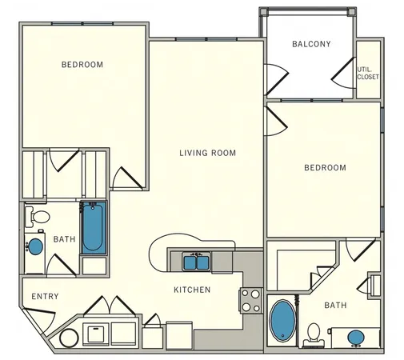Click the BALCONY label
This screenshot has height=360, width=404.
tap(311, 44)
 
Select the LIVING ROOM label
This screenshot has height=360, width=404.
tap(207, 153)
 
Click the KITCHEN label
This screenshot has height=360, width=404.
tap(193, 290)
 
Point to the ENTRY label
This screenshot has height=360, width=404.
tap(44, 297)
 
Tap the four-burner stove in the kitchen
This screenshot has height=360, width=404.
tap(251, 300)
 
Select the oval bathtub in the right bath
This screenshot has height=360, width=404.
tap(282, 318)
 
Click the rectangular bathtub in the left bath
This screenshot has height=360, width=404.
tap(92, 227)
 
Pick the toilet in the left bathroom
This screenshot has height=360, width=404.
tap(38, 216)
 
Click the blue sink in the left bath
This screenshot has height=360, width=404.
tap(36, 246)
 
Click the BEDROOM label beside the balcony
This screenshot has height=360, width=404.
tap(325, 168)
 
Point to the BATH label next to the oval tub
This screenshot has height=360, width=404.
tap(335, 306)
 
